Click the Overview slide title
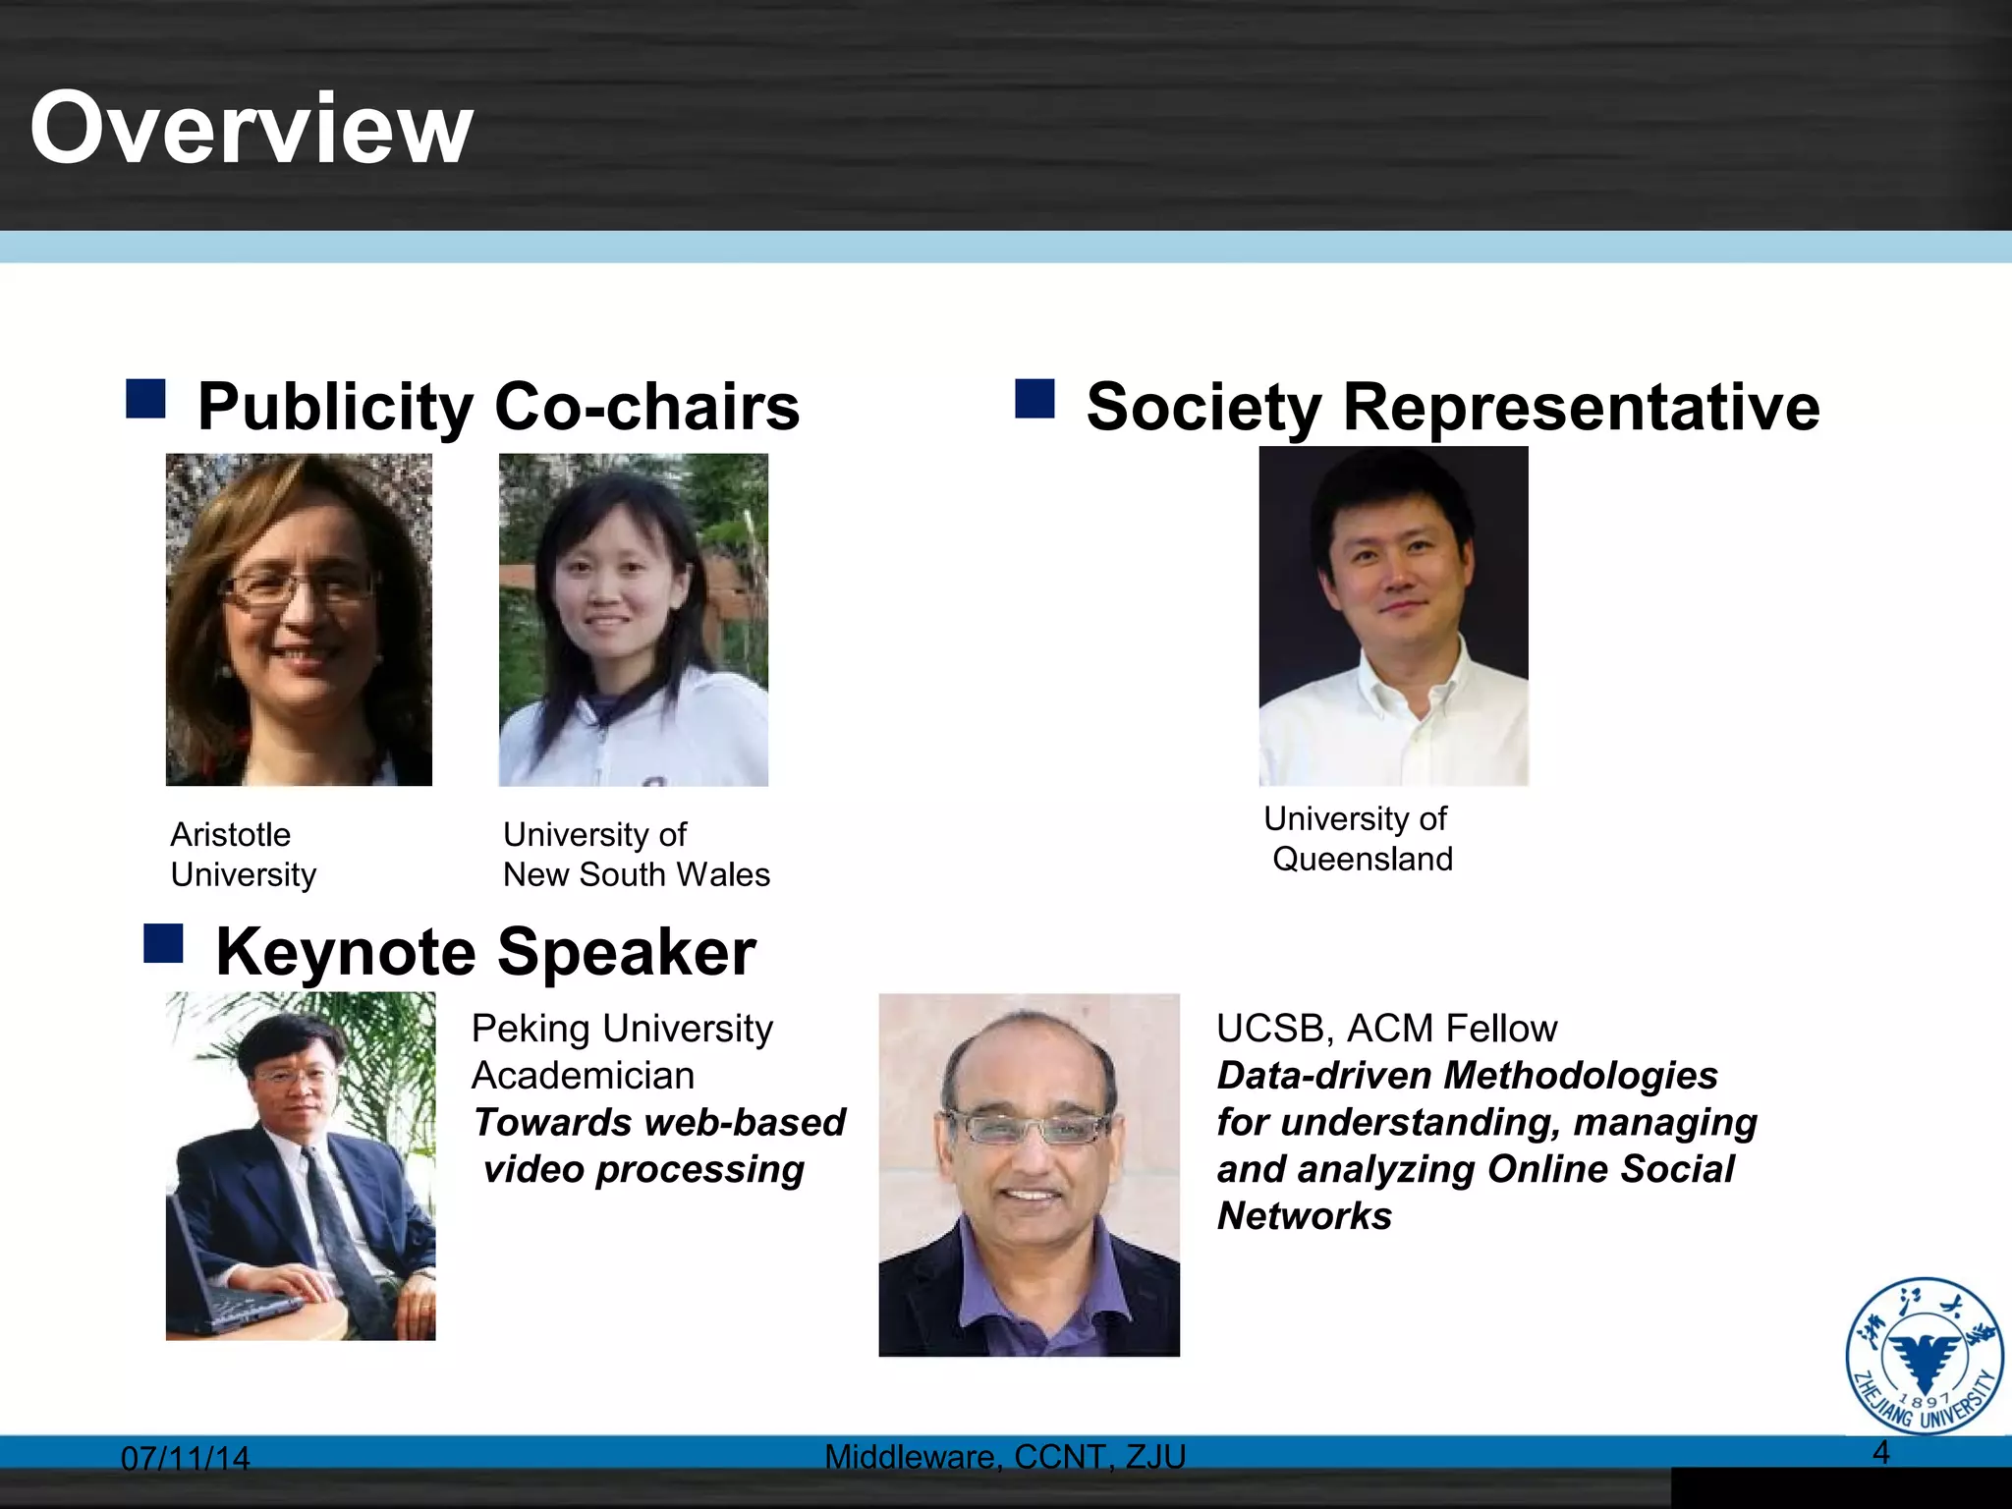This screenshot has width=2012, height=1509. pyautogui.click(x=251, y=128)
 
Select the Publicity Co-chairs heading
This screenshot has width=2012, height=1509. pyautogui.click(x=498, y=406)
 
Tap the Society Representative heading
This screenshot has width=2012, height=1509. pyautogui.click(x=1452, y=406)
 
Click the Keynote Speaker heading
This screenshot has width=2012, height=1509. pyautogui.click(x=485, y=951)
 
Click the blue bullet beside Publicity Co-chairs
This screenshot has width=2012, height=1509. pyautogui.click(x=145, y=400)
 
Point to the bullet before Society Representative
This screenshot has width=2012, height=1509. pyautogui.click(x=1034, y=400)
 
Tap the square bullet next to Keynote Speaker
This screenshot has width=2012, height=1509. pyautogui.click(x=163, y=943)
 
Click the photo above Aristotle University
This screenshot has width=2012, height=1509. pyautogui.click(x=299, y=619)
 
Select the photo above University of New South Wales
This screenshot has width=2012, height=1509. pyautogui.click(x=634, y=619)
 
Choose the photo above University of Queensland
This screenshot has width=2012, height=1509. pyautogui.click(x=1393, y=616)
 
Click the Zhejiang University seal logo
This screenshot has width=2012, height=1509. pyautogui.click(x=1924, y=1355)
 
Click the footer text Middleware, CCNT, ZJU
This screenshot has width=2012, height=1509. pyautogui.click(x=1005, y=1456)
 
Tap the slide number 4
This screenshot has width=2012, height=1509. pyautogui.click(x=1880, y=1451)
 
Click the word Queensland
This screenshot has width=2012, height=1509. pyautogui.click(x=1362, y=859)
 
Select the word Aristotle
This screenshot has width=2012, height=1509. pyautogui.click(x=231, y=834)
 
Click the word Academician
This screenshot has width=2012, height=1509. pyautogui.click(x=583, y=1075)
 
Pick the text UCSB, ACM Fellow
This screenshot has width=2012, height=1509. pyautogui.click(x=1386, y=1028)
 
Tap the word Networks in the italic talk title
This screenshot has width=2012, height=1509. pyautogui.click(x=1304, y=1216)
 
